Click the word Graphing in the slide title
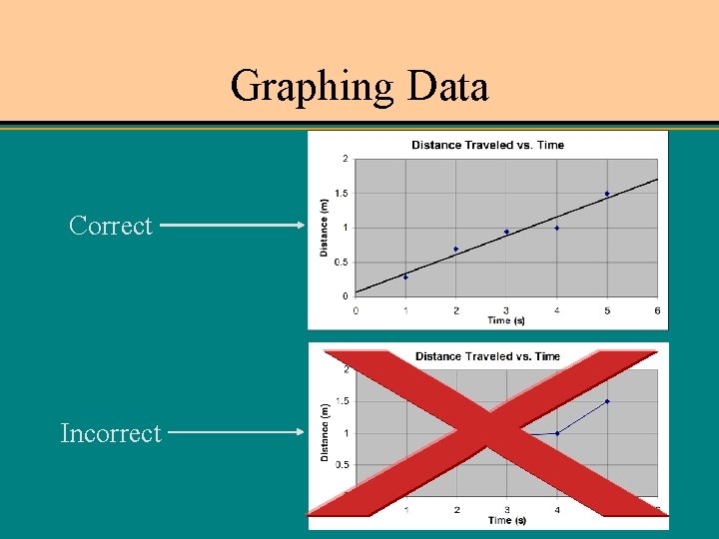click(x=312, y=87)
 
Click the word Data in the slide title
click(x=448, y=87)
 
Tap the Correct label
click(x=111, y=226)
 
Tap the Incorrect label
click(x=110, y=433)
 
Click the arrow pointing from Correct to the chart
click(x=232, y=226)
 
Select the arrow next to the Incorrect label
click(x=237, y=433)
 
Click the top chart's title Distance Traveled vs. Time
click(x=487, y=145)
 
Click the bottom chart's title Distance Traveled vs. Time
click(x=487, y=356)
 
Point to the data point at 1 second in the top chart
click(x=405, y=276)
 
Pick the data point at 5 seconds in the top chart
click(x=606, y=194)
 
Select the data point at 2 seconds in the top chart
click(x=455, y=249)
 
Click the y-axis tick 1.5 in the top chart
click(x=342, y=193)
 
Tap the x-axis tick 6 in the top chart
click(x=656, y=310)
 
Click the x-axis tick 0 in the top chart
click(x=356, y=310)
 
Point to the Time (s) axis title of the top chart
click(x=506, y=320)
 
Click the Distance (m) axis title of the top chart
click(x=325, y=227)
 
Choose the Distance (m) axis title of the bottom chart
click(x=325, y=432)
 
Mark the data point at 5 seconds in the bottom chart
click(x=606, y=401)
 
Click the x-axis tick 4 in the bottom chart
click(x=556, y=510)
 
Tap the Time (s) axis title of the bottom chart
click(x=506, y=520)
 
